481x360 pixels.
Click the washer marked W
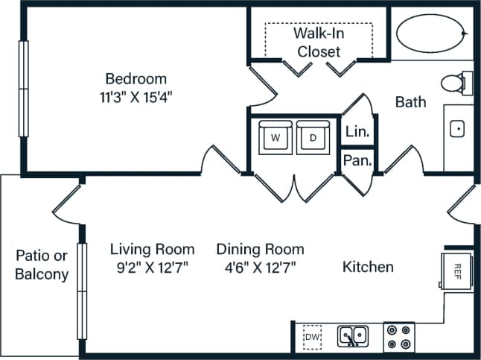point(275,138)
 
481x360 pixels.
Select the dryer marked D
point(313,138)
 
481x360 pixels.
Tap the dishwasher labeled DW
point(313,337)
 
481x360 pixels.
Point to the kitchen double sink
point(351,337)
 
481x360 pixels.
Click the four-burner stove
point(399,337)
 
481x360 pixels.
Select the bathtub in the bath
point(431,33)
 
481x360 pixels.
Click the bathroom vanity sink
point(459,130)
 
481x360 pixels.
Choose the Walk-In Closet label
point(319,42)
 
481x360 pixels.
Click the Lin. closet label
point(356,133)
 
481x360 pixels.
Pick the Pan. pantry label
point(357,160)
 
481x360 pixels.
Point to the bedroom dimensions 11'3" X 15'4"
point(136,95)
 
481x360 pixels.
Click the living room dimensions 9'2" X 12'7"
point(153,268)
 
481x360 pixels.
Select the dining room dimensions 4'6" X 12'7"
point(260,268)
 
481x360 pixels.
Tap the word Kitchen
point(368,267)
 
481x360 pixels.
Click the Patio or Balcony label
point(42,265)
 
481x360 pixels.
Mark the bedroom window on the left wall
point(23,89)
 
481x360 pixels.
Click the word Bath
point(410,101)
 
